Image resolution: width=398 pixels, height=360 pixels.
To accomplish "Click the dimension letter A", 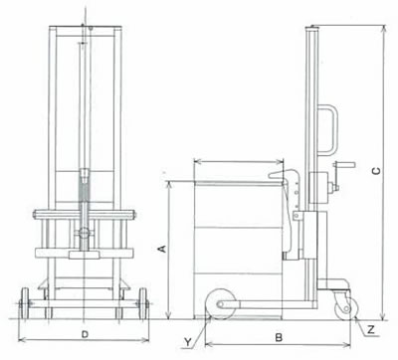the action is [162, 249].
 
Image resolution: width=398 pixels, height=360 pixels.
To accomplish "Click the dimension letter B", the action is [279, 338].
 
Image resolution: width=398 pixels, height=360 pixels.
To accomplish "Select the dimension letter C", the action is [376, 171].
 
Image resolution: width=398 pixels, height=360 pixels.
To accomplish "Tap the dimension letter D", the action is [86, 335].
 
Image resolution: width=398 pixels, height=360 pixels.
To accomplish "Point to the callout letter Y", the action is [188, 342].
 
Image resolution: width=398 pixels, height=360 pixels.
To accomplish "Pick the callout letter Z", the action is [371, 329].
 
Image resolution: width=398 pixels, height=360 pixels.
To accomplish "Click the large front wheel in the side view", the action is [221, 304].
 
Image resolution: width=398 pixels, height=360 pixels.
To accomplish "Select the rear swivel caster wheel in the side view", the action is [346, 309].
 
